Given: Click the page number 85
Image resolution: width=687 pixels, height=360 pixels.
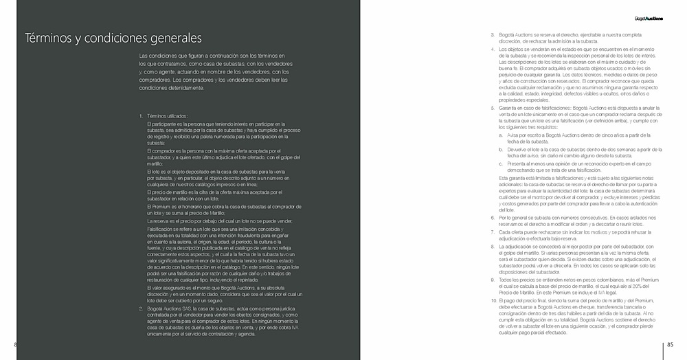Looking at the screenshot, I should pos(671,345).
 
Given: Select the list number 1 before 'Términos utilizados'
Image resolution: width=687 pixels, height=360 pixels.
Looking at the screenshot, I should pos(140,116).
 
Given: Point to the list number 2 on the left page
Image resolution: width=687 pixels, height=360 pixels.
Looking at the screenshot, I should pos(140,310).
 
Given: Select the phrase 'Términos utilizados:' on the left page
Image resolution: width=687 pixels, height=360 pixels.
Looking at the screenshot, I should pos(168,116).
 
